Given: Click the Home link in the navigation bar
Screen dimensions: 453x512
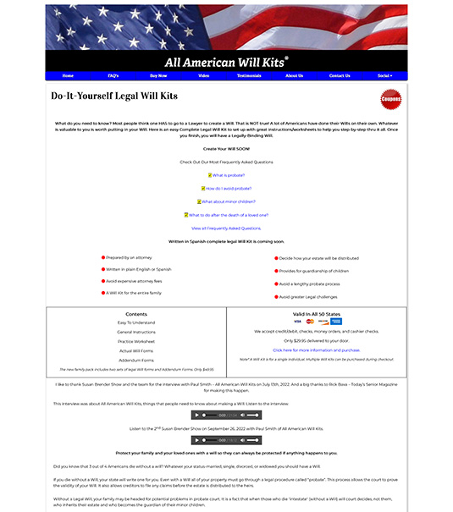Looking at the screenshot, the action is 68,75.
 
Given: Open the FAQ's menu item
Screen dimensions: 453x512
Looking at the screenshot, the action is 113,75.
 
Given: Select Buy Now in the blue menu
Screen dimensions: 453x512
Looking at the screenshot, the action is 158,75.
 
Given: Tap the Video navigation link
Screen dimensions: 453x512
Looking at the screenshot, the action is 203,75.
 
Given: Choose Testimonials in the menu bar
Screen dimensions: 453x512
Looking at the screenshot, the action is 249,75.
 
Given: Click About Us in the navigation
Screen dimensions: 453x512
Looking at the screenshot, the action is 294,75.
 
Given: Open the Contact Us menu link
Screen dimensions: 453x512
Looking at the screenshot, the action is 340,75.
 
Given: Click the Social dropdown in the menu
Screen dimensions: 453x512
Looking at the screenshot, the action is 385,75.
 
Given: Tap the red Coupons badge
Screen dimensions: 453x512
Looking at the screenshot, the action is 390,99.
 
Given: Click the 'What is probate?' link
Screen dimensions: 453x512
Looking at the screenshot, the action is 228,175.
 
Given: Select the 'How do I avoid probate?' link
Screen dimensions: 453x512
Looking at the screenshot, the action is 228,188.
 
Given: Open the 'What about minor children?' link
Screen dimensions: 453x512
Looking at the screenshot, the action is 228,201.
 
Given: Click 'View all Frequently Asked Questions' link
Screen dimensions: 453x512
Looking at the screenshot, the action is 226,228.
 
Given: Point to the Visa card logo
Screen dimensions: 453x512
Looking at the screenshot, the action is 297,322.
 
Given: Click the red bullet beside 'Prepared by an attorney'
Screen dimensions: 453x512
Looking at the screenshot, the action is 102,257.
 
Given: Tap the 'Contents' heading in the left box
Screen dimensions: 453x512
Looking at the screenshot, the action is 135,314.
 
